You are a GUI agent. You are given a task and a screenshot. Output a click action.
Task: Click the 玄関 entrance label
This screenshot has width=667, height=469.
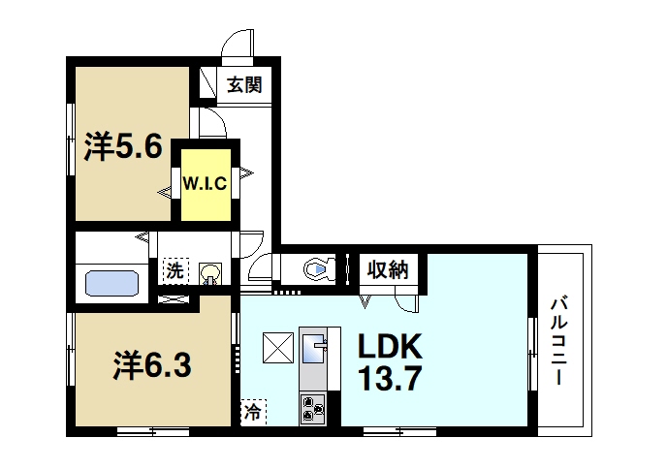[244, 85]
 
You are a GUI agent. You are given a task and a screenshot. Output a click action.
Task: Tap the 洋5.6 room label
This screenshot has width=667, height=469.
[122, 146]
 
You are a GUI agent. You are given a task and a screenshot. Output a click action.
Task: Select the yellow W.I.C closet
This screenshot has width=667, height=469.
[205, 183]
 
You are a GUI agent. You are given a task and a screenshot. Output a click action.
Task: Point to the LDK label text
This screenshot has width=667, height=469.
[392, 346]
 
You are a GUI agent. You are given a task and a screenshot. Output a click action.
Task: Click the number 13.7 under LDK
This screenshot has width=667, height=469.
[392, 378]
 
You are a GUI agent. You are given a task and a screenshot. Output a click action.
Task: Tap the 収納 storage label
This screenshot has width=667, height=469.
[391, 269]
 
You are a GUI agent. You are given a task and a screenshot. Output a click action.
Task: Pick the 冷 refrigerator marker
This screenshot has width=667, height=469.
[252, 413]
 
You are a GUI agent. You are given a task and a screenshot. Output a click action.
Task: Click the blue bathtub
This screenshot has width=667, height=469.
[113, 283]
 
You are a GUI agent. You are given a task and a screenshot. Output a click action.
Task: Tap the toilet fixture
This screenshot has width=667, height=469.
[316, 268]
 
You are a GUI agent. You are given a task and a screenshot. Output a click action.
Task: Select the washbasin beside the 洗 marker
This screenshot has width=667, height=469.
[210, 272]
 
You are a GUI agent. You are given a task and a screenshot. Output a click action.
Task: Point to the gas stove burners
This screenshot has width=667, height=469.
[314, 407]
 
